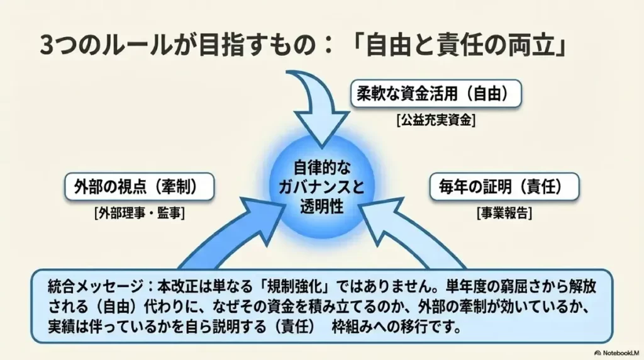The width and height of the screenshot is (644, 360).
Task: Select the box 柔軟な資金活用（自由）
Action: click(436, 94)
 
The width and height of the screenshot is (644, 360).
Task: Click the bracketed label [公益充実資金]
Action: click(436, 120)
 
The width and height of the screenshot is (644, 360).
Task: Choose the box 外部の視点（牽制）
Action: click(140, 187)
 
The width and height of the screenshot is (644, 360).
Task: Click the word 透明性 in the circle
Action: click(321, 206)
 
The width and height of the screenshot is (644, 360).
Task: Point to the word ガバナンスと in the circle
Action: click(321, 188)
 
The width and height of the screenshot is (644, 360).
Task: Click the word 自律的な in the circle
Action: click(321, 168)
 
